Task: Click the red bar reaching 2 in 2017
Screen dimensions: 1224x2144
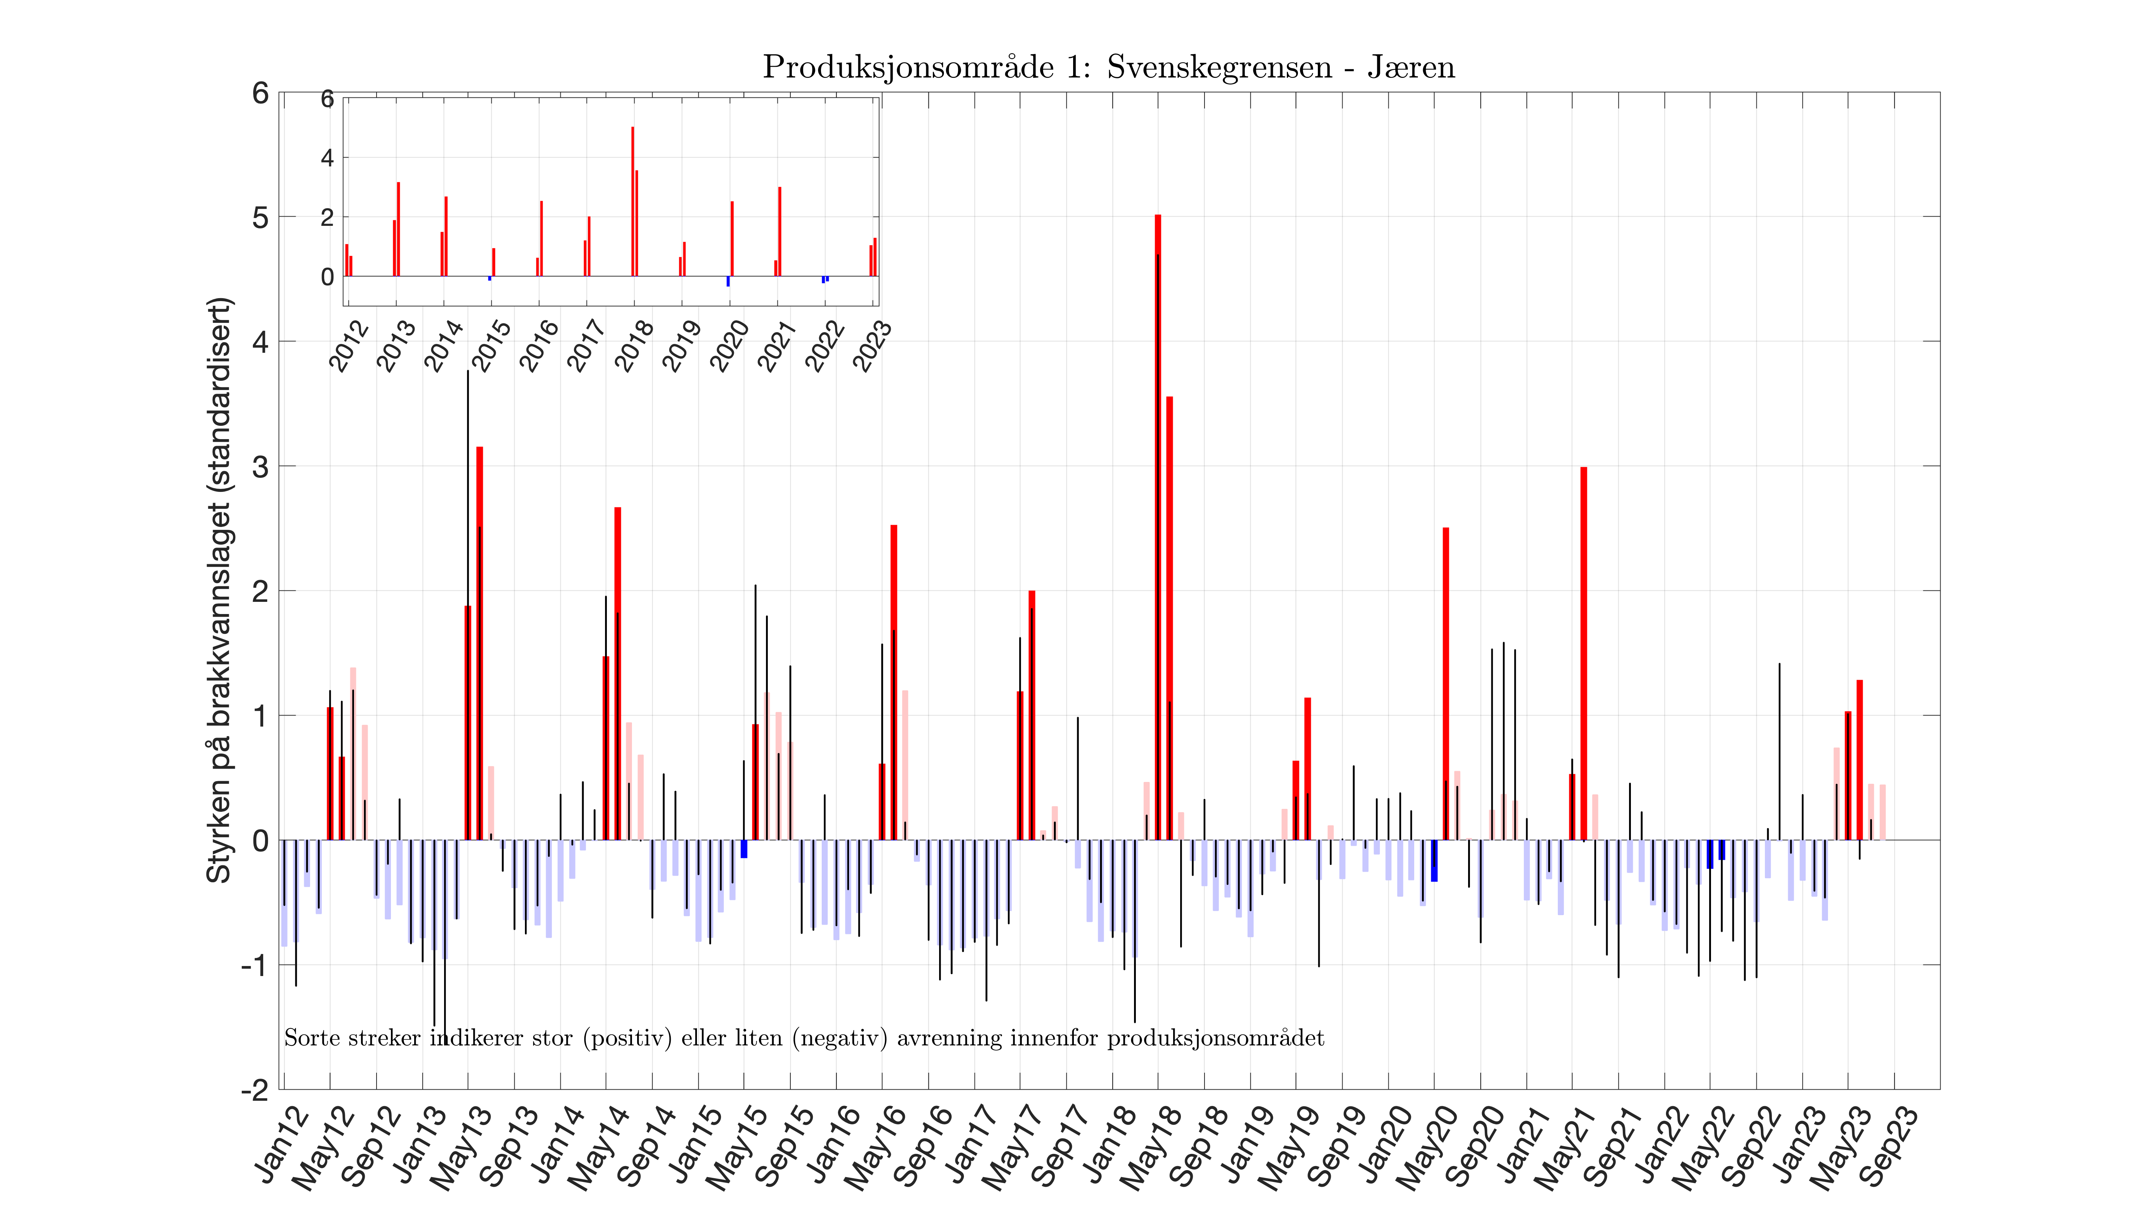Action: pyautogui.click(x=1032, y=714)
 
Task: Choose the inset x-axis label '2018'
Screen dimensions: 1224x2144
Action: pyautogui.click(x=634, y=345)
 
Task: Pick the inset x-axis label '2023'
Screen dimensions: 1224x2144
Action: pyautogui.click(x=872, y=345)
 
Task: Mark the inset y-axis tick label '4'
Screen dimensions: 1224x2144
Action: pyautogui.click(x=327, y=158)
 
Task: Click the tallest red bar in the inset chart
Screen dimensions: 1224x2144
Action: pyautogui.click(x=632, y=202)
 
